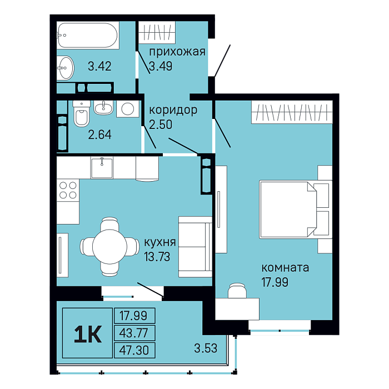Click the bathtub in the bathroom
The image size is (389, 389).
pos(88,35)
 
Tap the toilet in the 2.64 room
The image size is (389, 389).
pos(81,113)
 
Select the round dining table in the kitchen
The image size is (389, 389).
pos(109,247)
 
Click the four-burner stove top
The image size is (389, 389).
pos(68,190)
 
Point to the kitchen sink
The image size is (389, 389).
pos(102,167)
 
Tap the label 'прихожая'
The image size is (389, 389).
pos(177,52)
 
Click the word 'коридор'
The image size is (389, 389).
pos(173,110)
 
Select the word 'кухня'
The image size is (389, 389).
pos(160,242)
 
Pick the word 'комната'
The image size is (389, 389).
pos(285,268)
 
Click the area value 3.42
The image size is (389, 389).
pos(99,66)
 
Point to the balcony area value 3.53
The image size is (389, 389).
pos(206,348)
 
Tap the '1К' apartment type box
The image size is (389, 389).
pos(88,333)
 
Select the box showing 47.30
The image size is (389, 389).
pos(134,350)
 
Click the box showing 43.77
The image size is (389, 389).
pos(134,333)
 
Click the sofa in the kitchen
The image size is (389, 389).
pos(195,247)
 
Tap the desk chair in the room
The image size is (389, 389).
pos(237,291)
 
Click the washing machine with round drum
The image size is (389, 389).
pos(127,109)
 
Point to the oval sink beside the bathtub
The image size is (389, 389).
pos(65,68)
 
